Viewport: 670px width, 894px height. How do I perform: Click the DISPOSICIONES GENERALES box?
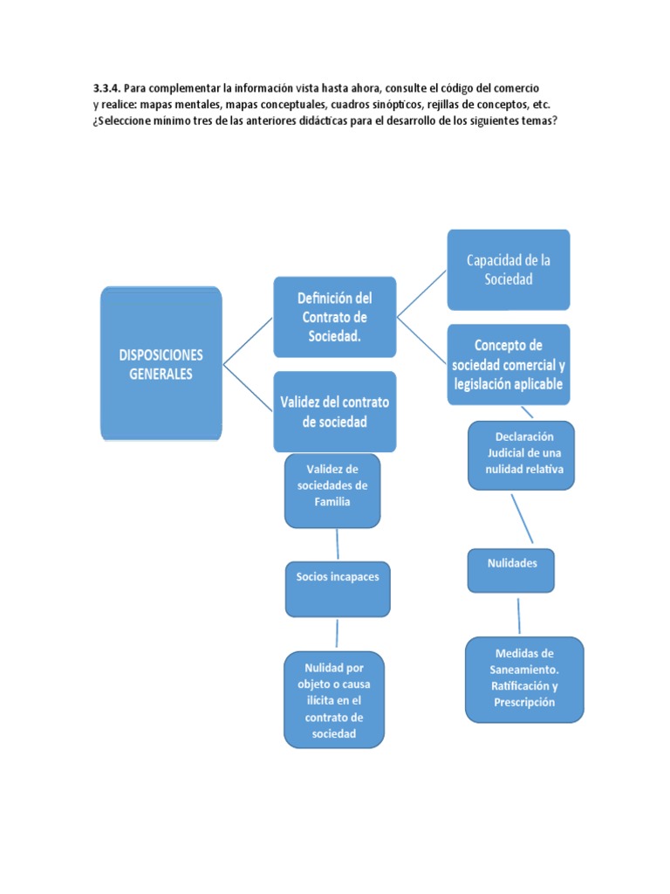pos(161,364)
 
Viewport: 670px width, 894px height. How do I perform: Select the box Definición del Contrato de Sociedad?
pos(335,317)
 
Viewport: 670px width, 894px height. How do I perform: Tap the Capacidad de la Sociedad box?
pos(509,270)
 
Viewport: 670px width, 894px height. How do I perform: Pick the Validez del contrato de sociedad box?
pos(335,412)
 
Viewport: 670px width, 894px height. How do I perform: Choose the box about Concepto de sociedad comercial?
pos(509,364)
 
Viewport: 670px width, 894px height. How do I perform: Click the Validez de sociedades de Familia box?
pos(332,491)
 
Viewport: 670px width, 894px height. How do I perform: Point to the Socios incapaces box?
pos(338,589)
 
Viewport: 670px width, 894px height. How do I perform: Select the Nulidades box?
pos(511,571)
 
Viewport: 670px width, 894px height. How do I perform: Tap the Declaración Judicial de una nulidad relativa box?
pos(522,456)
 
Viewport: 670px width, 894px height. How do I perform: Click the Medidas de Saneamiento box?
pos(524,679)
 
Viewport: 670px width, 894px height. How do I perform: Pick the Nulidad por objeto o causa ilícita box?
pos(334,699)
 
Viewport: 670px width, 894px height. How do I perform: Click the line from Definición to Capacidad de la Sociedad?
pos(421,293)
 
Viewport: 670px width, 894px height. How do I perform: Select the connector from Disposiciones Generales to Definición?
pos(248,341)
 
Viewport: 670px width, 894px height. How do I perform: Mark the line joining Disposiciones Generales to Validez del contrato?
pos(248,388)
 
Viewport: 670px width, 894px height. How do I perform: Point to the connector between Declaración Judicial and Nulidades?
pos(522,519)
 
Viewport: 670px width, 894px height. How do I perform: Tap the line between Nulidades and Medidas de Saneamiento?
pos(519,615)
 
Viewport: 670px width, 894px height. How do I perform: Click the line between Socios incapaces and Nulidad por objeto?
pos(338,634)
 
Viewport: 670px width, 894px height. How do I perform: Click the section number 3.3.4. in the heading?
pos(107,88)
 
